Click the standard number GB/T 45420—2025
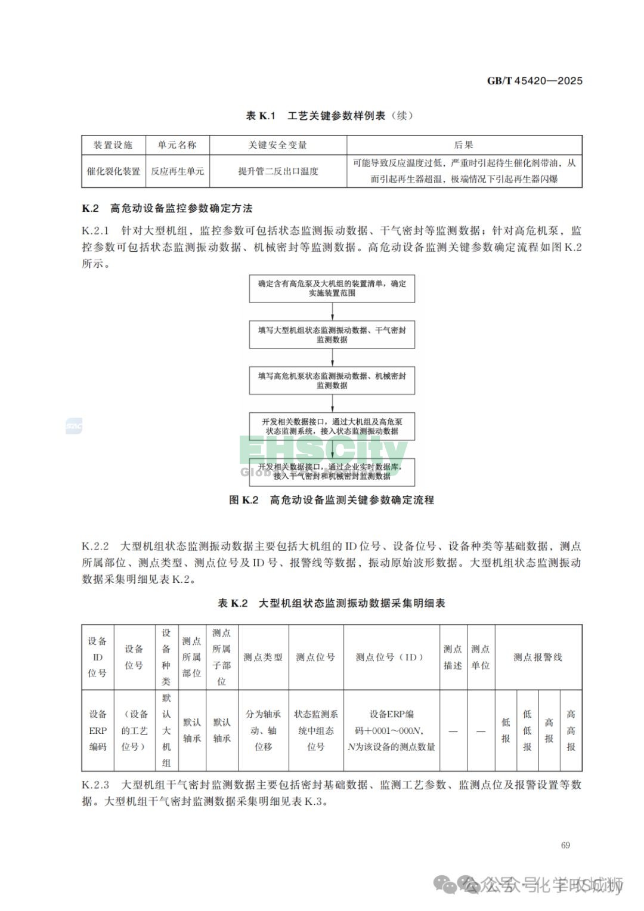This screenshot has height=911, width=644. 534,81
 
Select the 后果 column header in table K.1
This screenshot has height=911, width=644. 463,145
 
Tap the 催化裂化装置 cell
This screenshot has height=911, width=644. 113,171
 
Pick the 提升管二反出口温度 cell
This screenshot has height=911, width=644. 278,171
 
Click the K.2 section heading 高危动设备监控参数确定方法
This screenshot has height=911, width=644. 167,208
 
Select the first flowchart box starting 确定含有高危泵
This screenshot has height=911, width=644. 332,288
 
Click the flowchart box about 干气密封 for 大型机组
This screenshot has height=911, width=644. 332,335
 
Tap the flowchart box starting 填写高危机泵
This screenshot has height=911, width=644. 332,381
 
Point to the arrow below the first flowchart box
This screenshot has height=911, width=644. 332,311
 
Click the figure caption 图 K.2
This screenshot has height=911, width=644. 332,500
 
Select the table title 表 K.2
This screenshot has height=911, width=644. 332,603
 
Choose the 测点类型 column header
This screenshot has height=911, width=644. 263,657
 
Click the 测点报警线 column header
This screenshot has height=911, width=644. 538,657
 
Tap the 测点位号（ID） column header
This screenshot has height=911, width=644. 391,657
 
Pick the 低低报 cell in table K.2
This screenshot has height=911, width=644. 527,730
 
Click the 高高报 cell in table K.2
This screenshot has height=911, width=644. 571,730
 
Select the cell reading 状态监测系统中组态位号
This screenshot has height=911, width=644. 315,730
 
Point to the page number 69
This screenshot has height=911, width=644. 565,845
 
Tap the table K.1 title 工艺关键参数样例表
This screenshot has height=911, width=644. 330,116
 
